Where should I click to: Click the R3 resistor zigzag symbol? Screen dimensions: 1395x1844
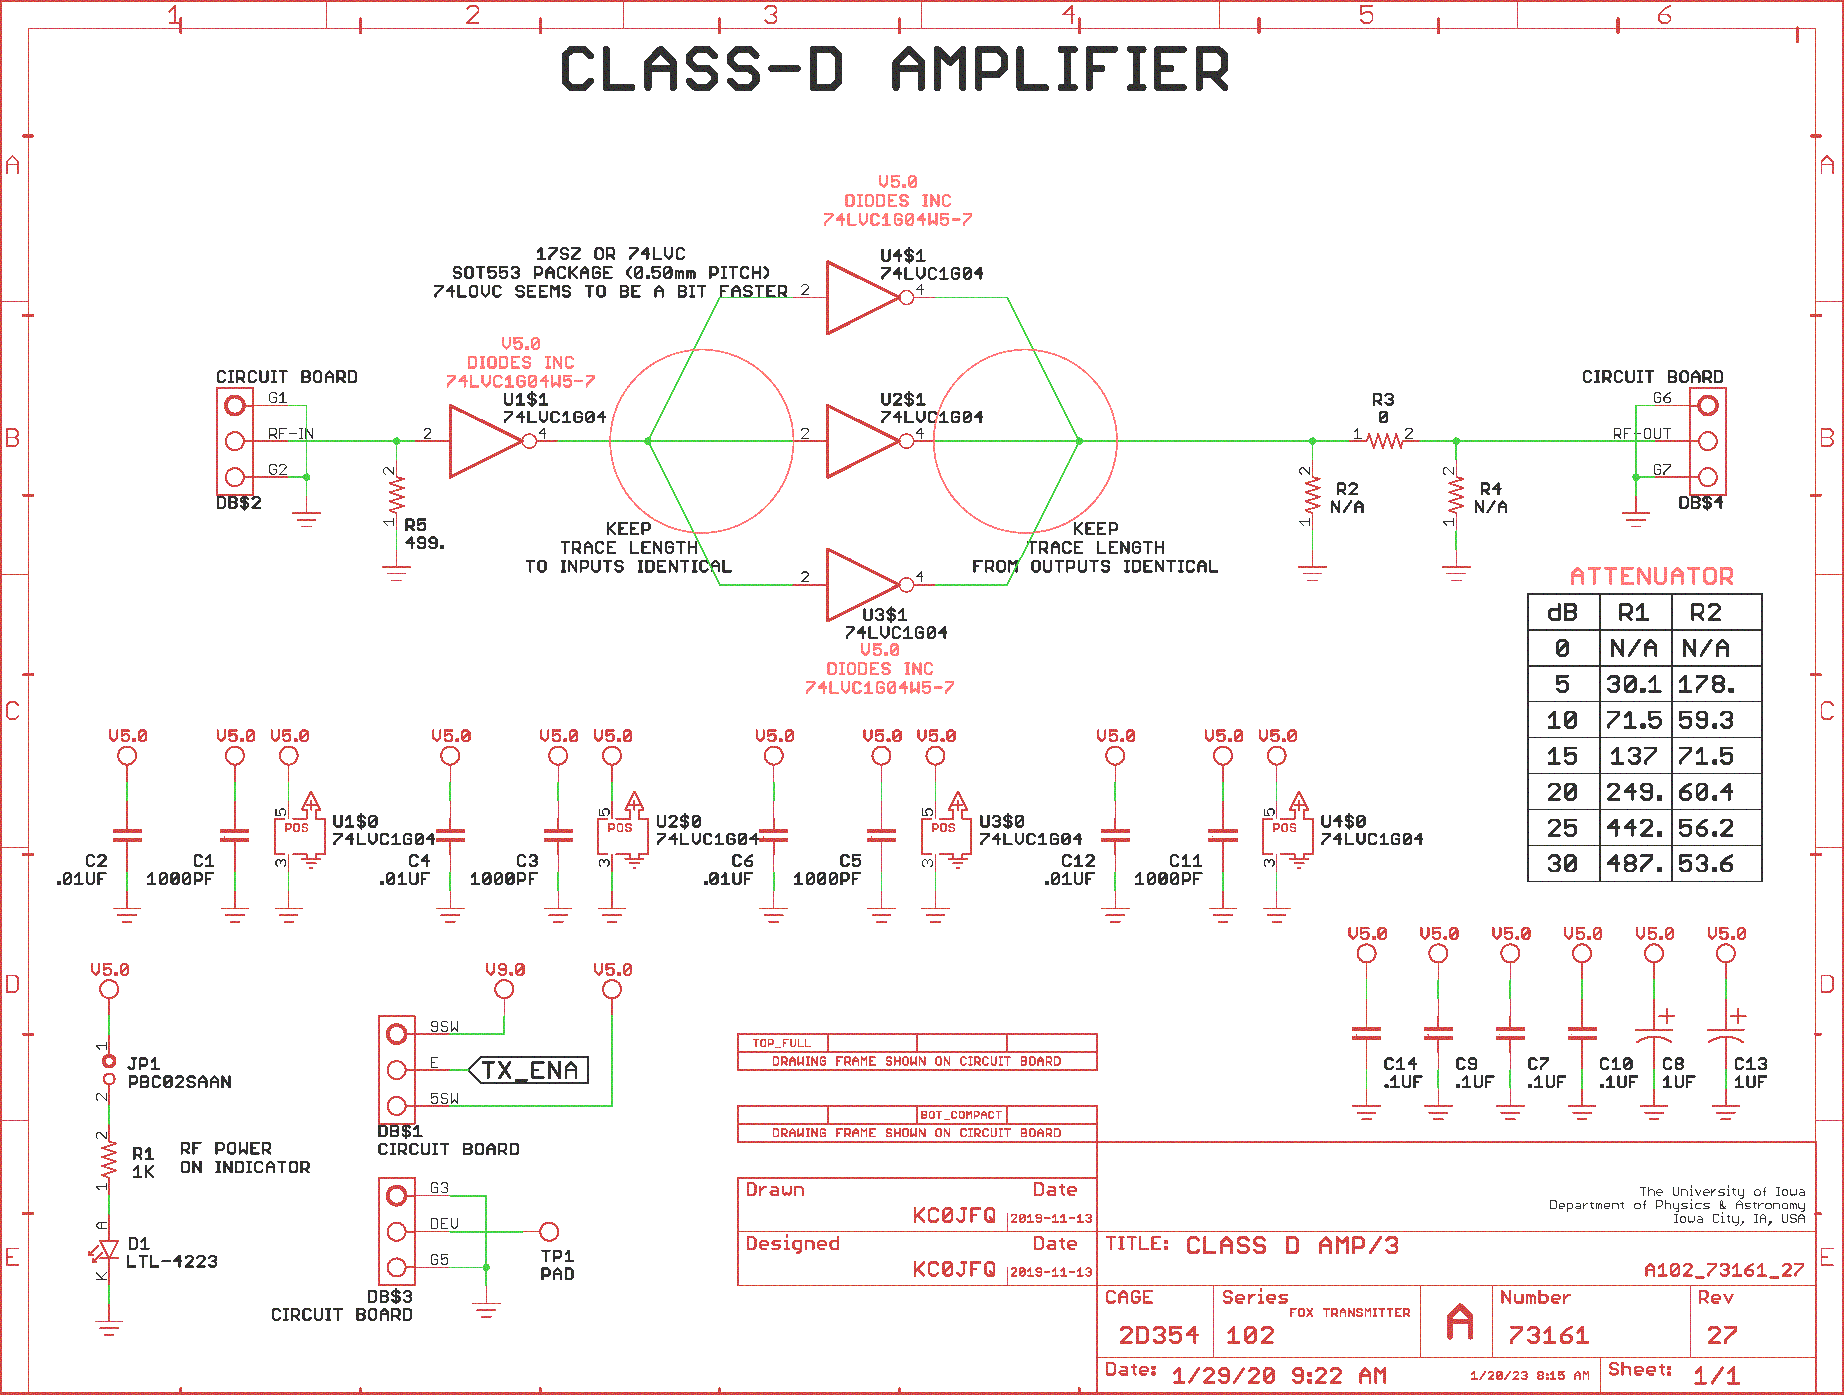pyautogui.click(x=1384, y=441)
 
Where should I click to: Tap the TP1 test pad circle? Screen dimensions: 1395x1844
pyautogui.click(x=549, y=1232)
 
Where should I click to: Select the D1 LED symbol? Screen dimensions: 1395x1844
pyautogui.click(x=108, y=1251)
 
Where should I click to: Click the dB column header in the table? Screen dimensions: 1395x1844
pyautogui.click(x=1562, y=613)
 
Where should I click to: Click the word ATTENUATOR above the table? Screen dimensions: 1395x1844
pyautogui.click(x=1651, y=576)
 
